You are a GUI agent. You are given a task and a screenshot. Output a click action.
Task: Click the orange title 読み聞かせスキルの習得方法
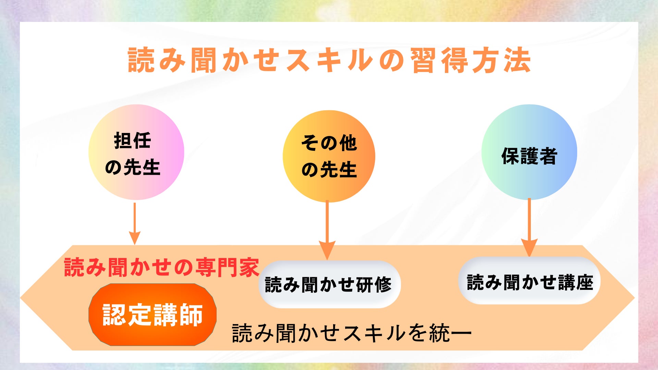[x=329, y=60]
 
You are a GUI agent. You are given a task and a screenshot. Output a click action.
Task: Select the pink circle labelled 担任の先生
[x=136, y=152]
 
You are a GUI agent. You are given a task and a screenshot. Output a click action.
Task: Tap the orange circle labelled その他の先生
[x=329, y=156]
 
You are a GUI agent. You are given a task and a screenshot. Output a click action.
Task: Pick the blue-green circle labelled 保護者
[x=529, y=152]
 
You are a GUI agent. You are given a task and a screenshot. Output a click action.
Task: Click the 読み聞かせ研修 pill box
[x=329, y=284]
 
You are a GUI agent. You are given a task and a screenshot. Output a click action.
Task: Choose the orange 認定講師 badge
[x=153, y=314]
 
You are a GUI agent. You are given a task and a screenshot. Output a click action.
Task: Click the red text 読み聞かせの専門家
[x=161, y=267]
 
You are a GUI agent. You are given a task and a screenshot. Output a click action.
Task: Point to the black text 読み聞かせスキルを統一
[x=351, y=333]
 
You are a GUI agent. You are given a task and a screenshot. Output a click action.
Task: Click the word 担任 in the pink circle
[x=133, y=140]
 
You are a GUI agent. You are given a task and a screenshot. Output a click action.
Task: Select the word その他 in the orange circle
[x=329, y=143]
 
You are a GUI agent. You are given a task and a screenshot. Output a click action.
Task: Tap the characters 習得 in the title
[x=439, y=60]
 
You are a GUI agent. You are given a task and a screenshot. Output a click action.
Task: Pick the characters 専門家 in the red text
[x=227, y=267]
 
